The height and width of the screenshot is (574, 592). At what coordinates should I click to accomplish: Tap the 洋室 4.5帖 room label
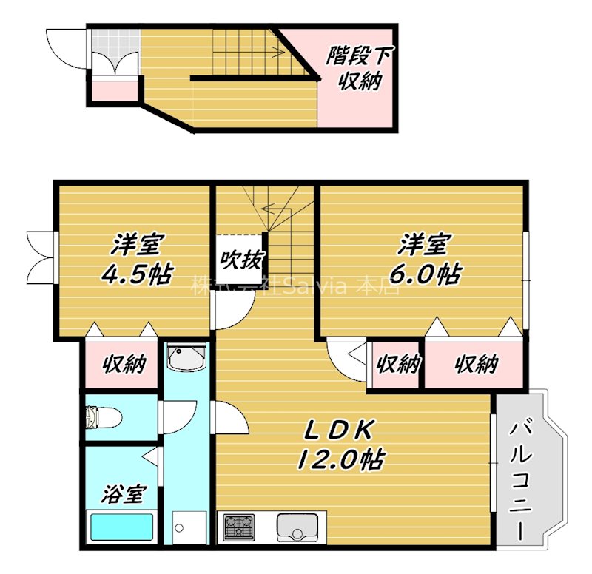click(x=137, y=259)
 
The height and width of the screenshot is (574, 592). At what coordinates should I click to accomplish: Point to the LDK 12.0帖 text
click(x=340, y=445)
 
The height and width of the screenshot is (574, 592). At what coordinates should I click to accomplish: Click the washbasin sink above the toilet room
click(x=185, y=359)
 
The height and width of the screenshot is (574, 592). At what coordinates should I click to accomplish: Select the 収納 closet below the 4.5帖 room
click(x=123, y=364)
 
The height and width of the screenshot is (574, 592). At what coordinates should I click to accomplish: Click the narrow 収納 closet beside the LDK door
click(x=397, y=364)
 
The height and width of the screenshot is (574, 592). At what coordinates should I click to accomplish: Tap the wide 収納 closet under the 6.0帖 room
click(x=475, y=364)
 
